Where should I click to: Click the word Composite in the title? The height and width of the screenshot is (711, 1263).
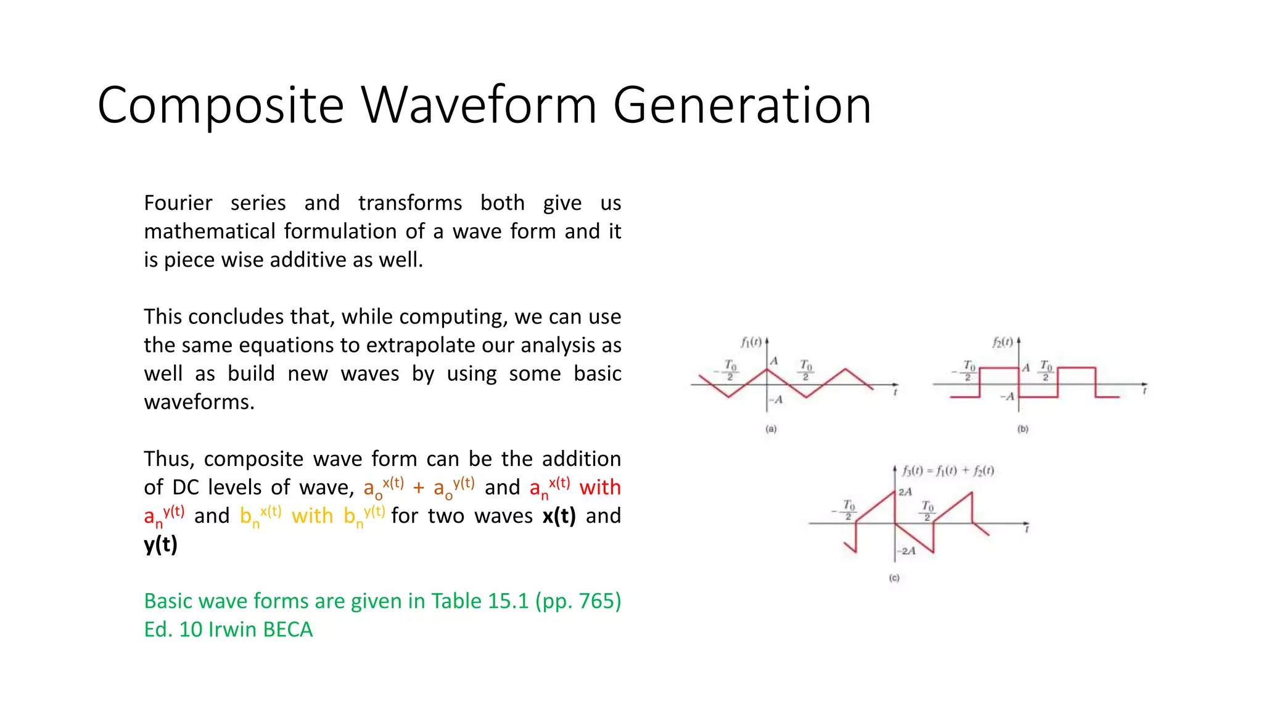pos(220,106)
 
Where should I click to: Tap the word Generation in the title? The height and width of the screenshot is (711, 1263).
pos(742,106)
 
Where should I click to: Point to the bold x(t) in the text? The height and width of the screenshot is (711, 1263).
pos(559,516)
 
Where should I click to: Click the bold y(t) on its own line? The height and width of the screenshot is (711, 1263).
pos(160,544)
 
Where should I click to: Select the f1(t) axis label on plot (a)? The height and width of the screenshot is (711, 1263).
pos(751,342)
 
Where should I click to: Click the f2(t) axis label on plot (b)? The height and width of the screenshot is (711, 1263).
pos(1002,342)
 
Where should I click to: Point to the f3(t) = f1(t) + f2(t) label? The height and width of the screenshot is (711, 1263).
pos(948,471)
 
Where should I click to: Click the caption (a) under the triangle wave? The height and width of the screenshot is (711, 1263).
pos(771,429)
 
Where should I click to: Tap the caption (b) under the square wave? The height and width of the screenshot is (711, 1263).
pos(1022,429)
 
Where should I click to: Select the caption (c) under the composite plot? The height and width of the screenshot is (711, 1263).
pos(894,578)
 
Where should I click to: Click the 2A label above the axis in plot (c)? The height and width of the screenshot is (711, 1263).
pos(905,492)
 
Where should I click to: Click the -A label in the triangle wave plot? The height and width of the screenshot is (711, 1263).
pos(776,400)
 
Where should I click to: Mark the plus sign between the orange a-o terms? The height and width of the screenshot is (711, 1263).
pos(419,488)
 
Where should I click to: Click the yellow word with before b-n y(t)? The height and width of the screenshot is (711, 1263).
pos(312,516)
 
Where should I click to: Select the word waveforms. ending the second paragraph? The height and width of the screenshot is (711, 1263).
pos(199,402)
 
